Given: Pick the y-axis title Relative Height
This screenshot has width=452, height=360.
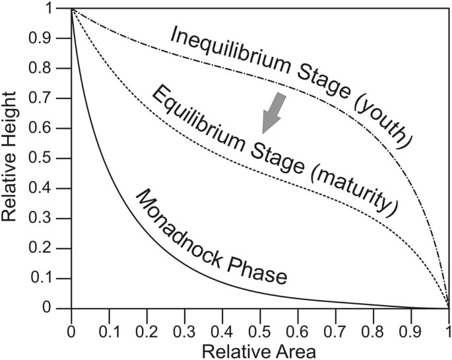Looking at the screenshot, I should click(x=11, y=159).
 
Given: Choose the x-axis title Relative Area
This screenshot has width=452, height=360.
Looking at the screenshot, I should click(x=259, y=349).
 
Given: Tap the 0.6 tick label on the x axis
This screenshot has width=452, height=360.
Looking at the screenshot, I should click(x=298, y=329).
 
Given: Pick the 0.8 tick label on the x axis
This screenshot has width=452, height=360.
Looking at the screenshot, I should click(x=373, y=329).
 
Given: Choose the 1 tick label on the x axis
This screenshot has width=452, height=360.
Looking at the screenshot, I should click(x=448, y=329).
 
